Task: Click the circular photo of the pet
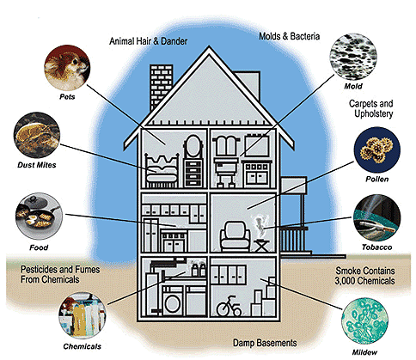[67, 68]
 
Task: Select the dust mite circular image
[37, 136]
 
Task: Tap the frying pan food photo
[39, 217]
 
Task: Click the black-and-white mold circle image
[353, 57]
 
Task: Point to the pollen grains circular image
[377, 150]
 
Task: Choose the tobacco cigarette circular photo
[376, 218]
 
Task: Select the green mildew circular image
[365, 321]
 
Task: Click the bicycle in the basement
[229, 306]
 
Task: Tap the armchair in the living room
[235, 236]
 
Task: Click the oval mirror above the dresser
[193, 146]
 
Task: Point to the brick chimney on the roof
[161, 86]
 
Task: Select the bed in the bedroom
[162, 171]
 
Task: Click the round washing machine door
[173, 304]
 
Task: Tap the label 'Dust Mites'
[37, 165]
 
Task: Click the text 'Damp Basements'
[265, 343]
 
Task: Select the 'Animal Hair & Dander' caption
[149, 41]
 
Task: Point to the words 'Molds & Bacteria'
[290, 36]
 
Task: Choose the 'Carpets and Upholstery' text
[371, 108]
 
